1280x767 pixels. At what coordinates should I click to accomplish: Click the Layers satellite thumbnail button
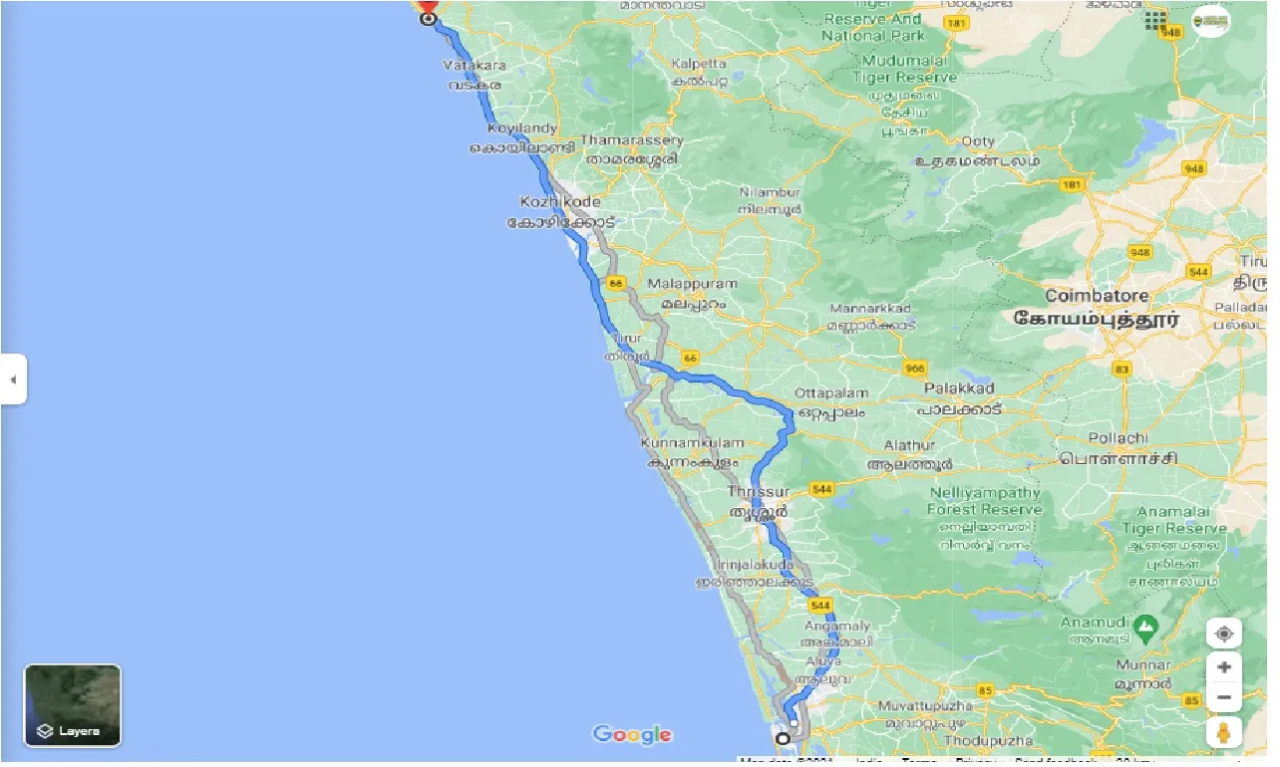tap(73, 705)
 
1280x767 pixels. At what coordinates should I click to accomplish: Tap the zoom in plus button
tap(1224, 667)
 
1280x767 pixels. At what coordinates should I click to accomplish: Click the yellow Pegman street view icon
tap(1224, 733)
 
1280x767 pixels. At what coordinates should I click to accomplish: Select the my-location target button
tap(1224, 634)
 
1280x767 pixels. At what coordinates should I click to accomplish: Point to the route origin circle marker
tap(783, 739)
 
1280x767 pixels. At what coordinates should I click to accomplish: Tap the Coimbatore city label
tap(1097, 296)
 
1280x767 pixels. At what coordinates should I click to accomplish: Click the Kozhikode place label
tap(560, 202)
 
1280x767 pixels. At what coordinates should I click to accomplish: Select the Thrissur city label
tap(759, 492)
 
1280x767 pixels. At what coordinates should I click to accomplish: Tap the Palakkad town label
tap(959, 387)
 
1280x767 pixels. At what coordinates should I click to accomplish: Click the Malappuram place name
tap(693, 284)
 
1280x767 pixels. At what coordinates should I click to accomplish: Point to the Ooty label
tap(978, 142)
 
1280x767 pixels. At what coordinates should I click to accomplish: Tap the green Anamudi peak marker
tap(1145, 629)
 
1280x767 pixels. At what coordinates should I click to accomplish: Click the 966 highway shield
tap(915, 369)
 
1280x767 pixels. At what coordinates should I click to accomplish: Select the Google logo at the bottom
tap(632, 735)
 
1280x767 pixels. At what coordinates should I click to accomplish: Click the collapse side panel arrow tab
tap(13, 380)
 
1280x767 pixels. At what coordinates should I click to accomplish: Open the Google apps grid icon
tap(1156, 20)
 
